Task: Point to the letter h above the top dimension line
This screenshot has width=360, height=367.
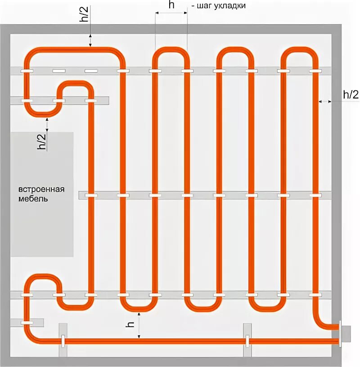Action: [171, 6]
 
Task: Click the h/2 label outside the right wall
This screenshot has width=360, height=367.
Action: [351, 94]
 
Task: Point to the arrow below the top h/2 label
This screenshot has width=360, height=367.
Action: [90, 40]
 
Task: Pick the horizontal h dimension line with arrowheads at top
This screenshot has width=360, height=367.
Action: [171, 14]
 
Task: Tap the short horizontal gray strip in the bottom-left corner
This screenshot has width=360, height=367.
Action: [27, 323]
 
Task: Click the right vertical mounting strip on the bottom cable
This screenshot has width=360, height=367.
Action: [247, 340]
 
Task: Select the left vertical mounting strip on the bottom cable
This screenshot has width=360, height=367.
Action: [63, 340]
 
